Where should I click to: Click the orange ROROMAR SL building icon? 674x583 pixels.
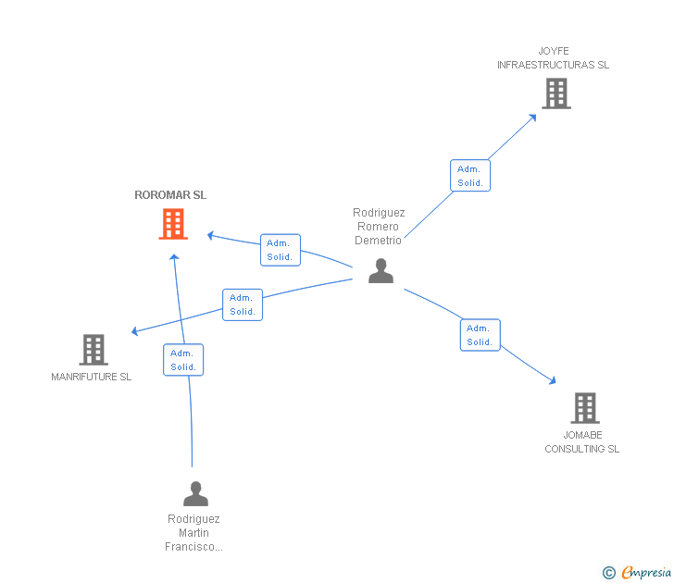(173, 224)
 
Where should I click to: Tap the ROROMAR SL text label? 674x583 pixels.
(170, 195)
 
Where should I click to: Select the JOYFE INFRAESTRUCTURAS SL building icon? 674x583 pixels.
(555, 93)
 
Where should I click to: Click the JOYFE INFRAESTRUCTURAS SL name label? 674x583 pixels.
(553, 58)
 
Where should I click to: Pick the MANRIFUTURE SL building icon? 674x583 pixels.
(93, 349)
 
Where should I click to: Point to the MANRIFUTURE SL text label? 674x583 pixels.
(92, 377)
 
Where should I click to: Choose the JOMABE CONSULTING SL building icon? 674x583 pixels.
(584, 407)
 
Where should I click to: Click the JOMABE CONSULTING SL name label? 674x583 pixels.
(581, 442)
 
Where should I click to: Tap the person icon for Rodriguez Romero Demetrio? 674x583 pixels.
(381, 271)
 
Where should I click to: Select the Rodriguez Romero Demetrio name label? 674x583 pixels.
(379, 227)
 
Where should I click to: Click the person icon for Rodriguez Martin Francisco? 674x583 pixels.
(195, 493)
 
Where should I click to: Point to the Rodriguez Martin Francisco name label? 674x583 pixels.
(193, 533)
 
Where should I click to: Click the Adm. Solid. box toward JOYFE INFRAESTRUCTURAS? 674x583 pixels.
(470, 176)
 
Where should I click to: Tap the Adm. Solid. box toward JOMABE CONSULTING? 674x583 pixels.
(480, 335)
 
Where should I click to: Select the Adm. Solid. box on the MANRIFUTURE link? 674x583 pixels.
(243, 304)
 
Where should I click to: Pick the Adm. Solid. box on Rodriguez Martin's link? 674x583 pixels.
(183, 360)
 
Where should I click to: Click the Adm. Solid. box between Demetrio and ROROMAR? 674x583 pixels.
(280, 250)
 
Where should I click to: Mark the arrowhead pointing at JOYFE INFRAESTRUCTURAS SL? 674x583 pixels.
(533, 117)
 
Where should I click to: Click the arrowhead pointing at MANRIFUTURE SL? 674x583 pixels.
(135, 331)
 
